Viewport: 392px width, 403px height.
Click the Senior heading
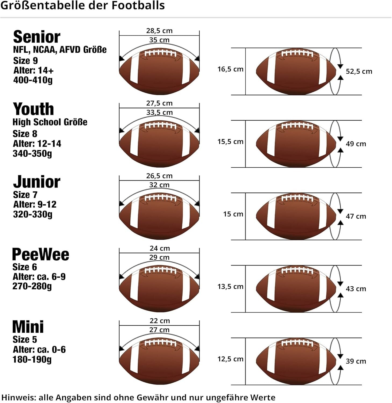point(37,37)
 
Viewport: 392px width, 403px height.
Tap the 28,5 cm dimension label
point(159,31)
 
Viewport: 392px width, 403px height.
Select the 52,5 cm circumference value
point(359,71)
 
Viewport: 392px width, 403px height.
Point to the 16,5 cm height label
point(230,69)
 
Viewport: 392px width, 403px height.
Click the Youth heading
point(33,109)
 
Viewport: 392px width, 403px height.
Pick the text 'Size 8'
point(25,134)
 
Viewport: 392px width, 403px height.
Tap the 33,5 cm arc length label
point(159,112)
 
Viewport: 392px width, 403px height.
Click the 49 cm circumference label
point(356,144)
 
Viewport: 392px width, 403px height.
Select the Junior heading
point(37,182)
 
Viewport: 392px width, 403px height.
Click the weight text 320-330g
point(33,214)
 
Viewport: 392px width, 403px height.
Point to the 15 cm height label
point(233,214)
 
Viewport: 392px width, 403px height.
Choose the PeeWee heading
point(41,254)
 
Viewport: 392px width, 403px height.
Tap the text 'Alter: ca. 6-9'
point(39,277)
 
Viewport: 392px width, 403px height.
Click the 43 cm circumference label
point(356,289)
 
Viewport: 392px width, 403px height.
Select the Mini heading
point(28,327)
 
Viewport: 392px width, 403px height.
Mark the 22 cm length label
point(159,321)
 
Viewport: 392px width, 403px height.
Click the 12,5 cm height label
point(230,359)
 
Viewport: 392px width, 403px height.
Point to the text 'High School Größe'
point(50,122)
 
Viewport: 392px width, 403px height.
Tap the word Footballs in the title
point(138,5)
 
